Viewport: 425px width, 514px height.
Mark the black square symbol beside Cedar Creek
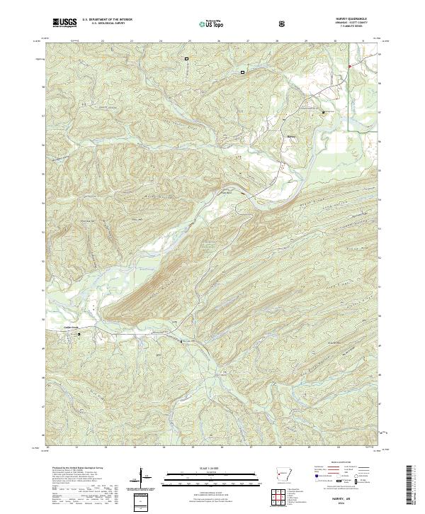79,334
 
